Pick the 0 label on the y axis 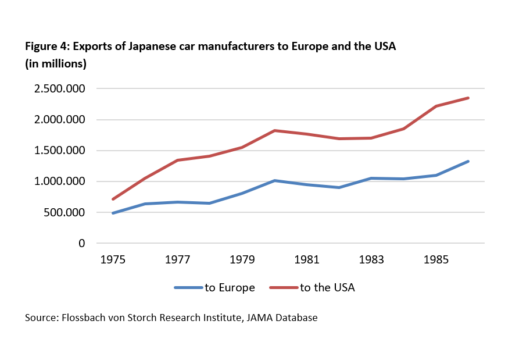82,243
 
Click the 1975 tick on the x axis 113,259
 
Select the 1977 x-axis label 177,259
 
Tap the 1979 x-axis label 242,259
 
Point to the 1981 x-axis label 307,259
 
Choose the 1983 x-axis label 371,259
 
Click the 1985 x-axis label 436,259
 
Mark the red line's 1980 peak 274,130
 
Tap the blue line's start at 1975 113,213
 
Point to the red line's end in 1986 468,98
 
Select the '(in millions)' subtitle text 55,63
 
